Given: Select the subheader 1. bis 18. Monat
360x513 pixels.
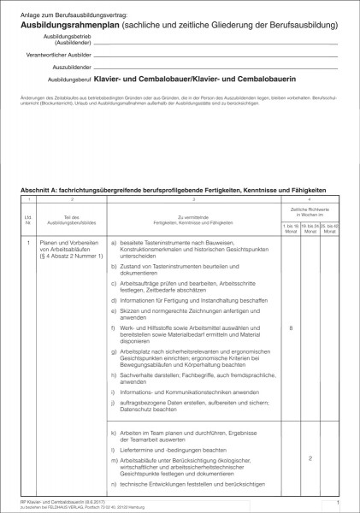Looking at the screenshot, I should [291, 229].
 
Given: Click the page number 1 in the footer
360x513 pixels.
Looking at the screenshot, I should [339, 502].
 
